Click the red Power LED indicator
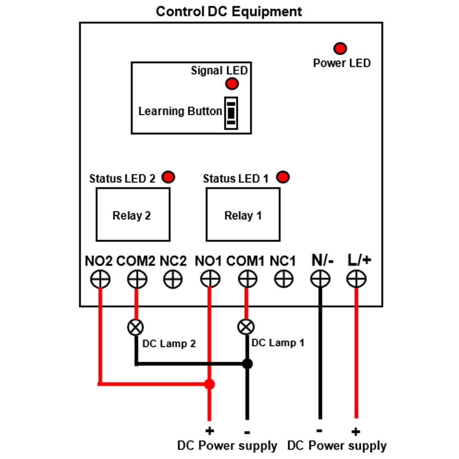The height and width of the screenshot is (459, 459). coord(340,48)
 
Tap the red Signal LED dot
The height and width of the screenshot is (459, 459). coord(232,84)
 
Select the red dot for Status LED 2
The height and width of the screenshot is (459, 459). coord(168,177)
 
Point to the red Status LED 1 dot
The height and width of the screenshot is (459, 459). coord(283,177)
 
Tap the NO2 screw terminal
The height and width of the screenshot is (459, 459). coord(100,279)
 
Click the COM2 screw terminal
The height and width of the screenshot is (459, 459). coord(137,279)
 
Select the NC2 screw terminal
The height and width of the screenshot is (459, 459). coord(173,279)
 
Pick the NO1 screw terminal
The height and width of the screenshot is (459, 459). coord(210,279)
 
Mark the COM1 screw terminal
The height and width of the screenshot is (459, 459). coord(248,279)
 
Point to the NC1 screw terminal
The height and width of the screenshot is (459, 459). coord(284,279)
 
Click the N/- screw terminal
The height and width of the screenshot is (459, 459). coord(320,279)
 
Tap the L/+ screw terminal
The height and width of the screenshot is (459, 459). coord(356,279)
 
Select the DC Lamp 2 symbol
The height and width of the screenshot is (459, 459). coord(135,327)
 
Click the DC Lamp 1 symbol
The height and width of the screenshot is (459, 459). coord(246,327)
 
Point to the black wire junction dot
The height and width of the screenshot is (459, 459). coord(247,364)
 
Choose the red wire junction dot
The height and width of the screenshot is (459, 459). coord(209,384)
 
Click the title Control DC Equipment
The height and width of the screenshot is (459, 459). coord(229,12)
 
